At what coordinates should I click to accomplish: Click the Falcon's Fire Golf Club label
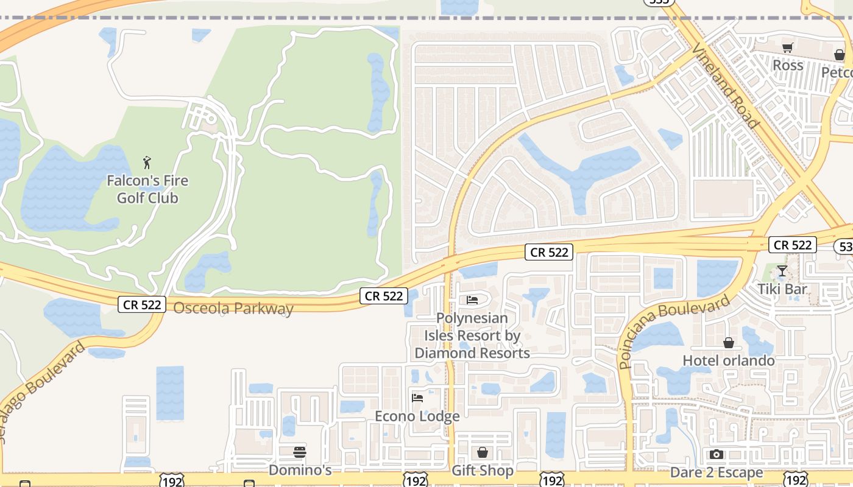[x=147, y=189]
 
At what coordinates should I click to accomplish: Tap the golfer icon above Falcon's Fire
[x=146, y=163]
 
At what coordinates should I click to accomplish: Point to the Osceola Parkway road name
[x=233, y=309]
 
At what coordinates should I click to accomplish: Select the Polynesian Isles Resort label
[x=472, y=335]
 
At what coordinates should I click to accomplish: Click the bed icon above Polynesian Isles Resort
[x=472, y=300]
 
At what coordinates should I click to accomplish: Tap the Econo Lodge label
[x=417, y=416]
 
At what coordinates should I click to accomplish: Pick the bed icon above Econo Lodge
[x=417, y=398]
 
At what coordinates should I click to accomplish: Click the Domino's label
[x=300, y=470]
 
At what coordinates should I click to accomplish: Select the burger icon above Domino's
[x=300, y=452]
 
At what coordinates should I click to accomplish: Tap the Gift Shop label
[x=483, y=471]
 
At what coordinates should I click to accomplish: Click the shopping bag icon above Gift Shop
[x=483, y=452]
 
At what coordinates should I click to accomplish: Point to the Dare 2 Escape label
[x=716, y=472]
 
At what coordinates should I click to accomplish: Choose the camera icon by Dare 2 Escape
[x=717, y=454]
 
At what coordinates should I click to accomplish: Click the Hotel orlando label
[x=729, y=360]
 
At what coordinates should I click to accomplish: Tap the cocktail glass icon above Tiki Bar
[x=782, y=271]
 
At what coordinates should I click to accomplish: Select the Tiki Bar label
[x=782, y=289]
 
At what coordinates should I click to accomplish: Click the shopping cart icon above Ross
[x=788, y=47]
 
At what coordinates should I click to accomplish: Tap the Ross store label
[x=788, y=65]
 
